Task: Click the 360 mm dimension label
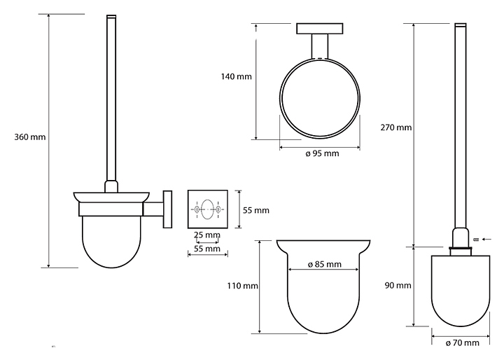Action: [30, 137]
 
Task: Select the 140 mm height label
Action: [237, 76]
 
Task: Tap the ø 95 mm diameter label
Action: [322, 153]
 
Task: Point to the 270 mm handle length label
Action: [396, 127]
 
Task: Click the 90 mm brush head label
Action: [398, 285]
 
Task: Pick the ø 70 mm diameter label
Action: [462, 343]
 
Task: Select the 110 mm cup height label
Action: [243, 286]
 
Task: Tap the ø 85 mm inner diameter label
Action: [324, 265]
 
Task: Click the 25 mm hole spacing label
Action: [207, 235]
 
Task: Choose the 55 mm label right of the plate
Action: [256, 210]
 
